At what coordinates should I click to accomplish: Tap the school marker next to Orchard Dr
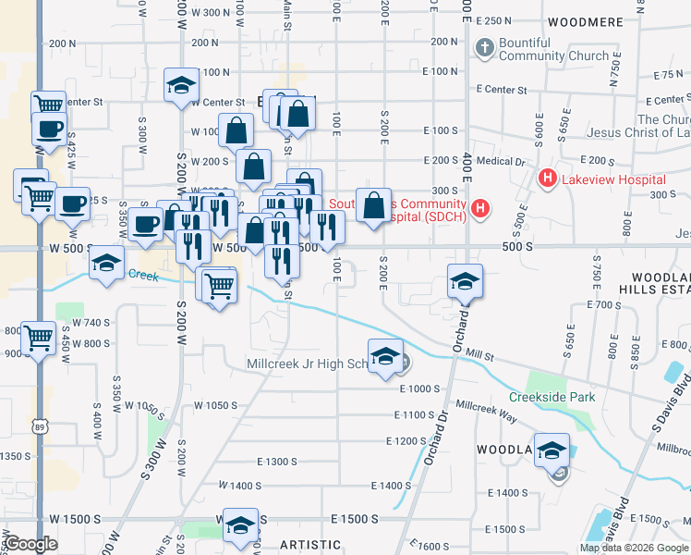click(465, 281)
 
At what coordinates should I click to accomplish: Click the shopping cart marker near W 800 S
click(39, 339)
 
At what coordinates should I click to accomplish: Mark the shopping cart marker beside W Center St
click(47, 105)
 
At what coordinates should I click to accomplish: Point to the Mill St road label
click(480, 353)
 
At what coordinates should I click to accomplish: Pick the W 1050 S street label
click(217, 405)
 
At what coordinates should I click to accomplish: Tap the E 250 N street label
click(492, 20)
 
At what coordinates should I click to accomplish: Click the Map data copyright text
click(635, 548)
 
